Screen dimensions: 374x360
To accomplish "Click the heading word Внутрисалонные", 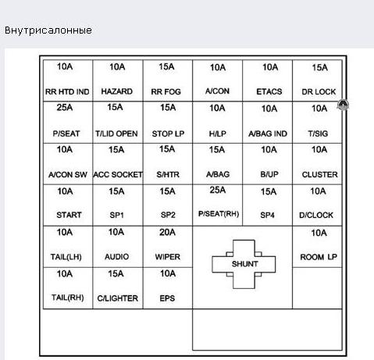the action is click(48, 30).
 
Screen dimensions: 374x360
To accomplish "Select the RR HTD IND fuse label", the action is click(67, 91).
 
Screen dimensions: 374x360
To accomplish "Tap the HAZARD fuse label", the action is click(117, 91).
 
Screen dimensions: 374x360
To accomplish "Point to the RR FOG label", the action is click(166, 91).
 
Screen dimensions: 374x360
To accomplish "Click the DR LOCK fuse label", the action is click(319, 91).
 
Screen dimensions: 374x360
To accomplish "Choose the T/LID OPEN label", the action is click(116, 134).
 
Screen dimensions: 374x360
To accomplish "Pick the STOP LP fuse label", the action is click(168, 134).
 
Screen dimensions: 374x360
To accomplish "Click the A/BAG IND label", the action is click(268, 134).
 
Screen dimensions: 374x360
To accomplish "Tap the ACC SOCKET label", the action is click(118, 174).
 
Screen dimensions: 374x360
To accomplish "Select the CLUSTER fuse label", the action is click(320, 174).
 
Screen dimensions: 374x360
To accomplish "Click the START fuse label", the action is click(69, 215).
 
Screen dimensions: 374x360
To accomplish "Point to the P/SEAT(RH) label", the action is click(219, 214).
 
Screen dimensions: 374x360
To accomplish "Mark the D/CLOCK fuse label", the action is click(316, 215).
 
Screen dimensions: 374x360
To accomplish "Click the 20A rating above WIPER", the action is click(167, 232).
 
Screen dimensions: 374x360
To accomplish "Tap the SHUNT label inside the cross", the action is click(245, 264).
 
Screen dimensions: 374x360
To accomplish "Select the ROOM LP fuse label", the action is click(319, 257).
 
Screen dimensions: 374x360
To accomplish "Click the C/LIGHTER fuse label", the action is click(118, 298).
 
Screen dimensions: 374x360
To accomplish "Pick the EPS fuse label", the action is click(167, 298).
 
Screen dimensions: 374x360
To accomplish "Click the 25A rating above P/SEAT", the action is click(65, 108).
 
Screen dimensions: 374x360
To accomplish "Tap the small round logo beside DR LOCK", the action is click(343, 105).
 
